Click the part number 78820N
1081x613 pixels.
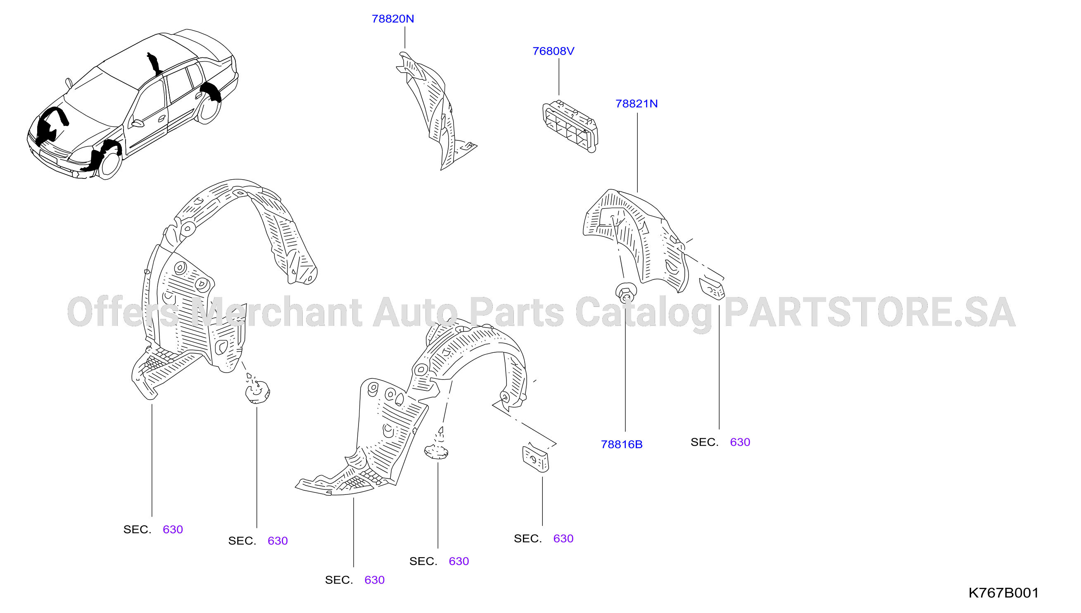(393, 19)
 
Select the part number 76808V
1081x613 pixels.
(553, 51)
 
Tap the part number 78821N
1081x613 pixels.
(637, 104)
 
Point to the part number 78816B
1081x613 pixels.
(621, 444)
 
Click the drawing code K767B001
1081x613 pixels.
(1003, 593)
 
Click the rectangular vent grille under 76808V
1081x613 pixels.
(570, 126)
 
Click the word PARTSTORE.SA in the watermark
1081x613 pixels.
(870, 312)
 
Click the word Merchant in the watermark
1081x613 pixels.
(276, 312)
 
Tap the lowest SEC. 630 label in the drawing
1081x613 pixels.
(354, 580)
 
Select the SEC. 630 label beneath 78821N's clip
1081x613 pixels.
(720, 442)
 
